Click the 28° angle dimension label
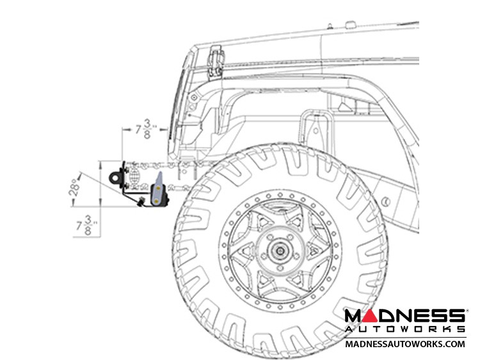[x=74, y=187]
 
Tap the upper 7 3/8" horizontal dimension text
[x=145, y=129]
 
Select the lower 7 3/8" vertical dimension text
[x=86, y=226]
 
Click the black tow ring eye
[x=116, y=177]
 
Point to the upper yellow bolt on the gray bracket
[x=159, y=188]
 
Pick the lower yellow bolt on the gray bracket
[x=157, y=201]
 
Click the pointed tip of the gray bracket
[x=160, y=172]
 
